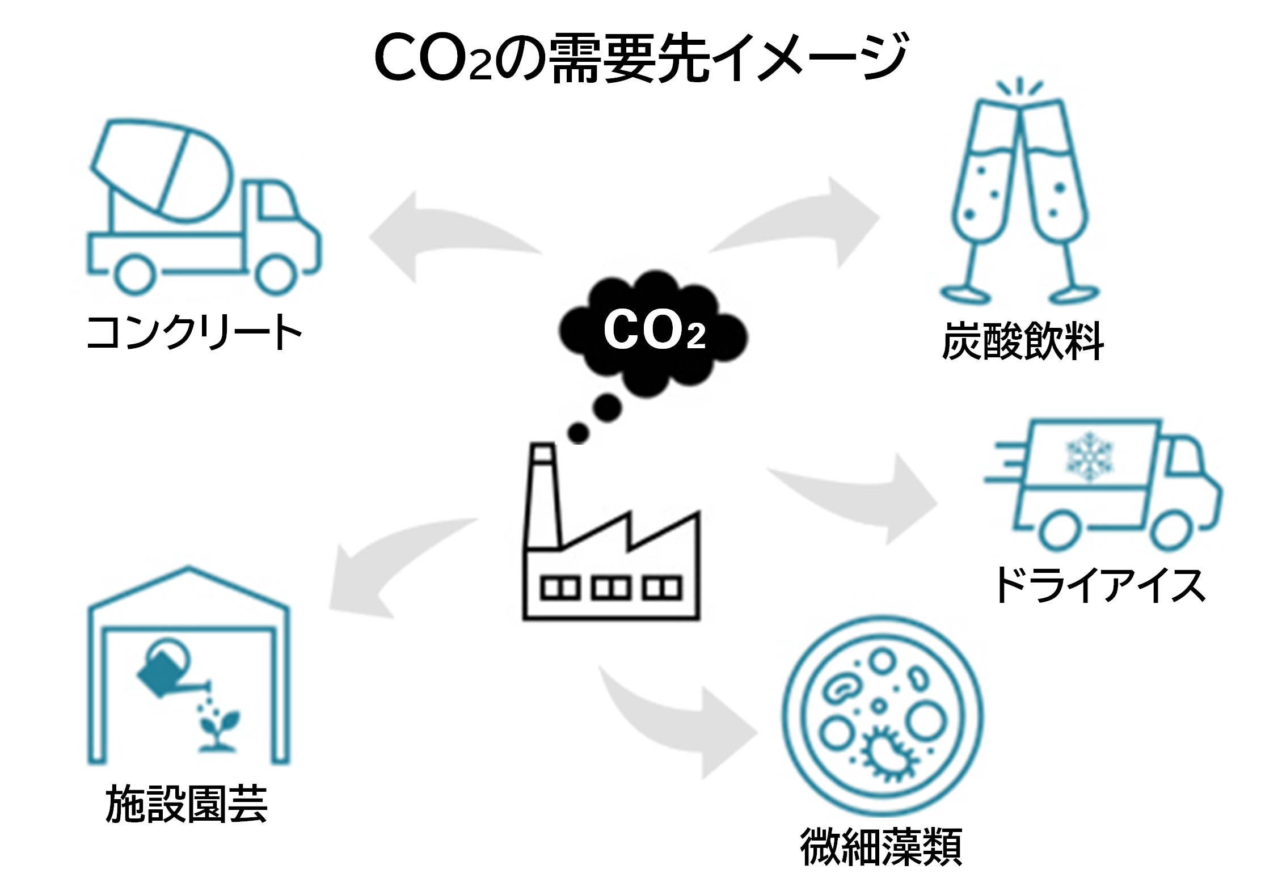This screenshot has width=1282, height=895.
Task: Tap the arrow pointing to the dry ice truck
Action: (868, 499)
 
